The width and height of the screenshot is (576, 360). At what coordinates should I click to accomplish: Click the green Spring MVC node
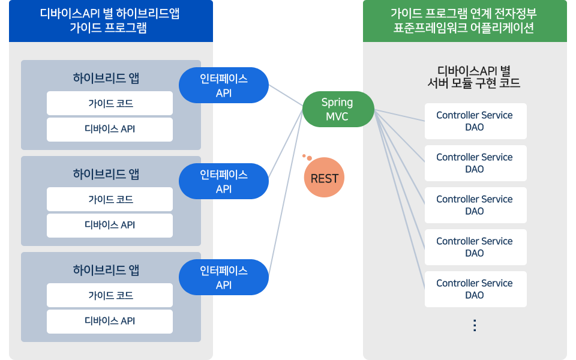click(x=338, y=109)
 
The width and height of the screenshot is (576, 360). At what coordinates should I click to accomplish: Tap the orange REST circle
click(x=324, y=178)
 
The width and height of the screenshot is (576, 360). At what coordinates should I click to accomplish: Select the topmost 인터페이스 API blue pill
click(x=224, y=85)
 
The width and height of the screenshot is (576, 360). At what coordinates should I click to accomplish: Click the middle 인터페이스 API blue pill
click(x=224, y=181)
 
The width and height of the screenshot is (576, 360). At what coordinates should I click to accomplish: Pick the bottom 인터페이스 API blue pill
click(x=224, y=277)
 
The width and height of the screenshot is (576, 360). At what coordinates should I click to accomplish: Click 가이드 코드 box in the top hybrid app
click(x=110, y=103)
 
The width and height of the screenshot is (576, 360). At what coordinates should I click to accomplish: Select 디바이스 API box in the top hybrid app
click(x=110, y=129)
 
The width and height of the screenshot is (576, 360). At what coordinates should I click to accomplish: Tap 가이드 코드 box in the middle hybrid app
click(x=110, y=199)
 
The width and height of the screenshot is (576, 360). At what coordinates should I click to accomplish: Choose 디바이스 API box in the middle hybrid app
click(x=110, y=225)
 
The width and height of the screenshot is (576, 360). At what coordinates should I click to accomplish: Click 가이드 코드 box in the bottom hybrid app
click(x=110, y=295)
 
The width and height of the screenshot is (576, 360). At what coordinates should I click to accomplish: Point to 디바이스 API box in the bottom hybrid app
click(x=110, y=321)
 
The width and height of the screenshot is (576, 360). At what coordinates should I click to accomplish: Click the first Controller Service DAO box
click(x=475, y=121)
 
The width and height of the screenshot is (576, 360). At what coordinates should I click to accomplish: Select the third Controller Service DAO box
click(x=475, y=205)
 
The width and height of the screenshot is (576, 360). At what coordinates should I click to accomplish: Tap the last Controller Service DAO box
click(x=475, y=289)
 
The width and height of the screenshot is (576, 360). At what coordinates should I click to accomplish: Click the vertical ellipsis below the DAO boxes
click(x=475, y=325)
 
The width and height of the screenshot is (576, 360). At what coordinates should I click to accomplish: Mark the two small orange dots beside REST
click(x=307, y=157)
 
